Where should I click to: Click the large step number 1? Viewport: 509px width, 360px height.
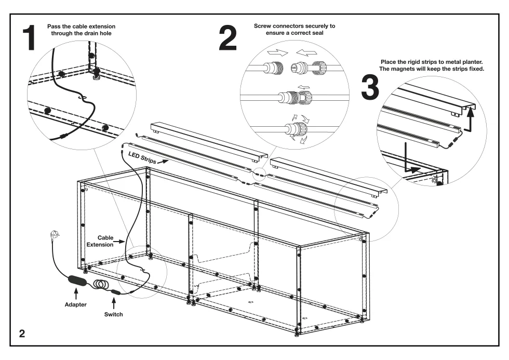point(29,38)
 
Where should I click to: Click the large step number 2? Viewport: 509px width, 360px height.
point(227,38)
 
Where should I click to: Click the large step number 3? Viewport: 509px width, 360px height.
point(370,87)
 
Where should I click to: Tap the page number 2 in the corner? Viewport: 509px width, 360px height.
point(22,334)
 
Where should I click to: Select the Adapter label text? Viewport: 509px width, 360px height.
point(76,304)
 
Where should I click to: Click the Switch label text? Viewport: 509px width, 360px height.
point(114,314)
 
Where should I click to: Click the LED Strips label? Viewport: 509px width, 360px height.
point(142,157)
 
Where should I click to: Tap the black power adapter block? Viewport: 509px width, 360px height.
point(77,281)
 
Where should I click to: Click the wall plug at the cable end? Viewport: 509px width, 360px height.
point(55,234)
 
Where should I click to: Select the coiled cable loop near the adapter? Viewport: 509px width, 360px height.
point(101,284)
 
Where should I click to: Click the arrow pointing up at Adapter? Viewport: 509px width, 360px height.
point(76,294)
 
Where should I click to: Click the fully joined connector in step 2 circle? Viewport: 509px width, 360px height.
point(295,97)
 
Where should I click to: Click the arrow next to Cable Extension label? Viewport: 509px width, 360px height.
point(119,242)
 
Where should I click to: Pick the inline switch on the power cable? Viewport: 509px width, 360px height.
point(115,292)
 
